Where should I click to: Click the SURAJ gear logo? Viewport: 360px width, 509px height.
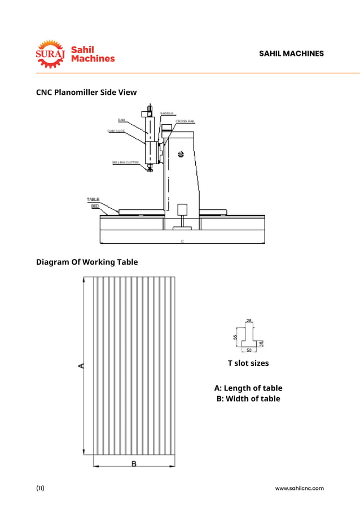[x=51, y=54]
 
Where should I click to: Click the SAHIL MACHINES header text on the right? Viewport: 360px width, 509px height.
[x=291, y=54]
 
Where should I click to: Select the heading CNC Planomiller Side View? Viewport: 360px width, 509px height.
[x=86, y=92]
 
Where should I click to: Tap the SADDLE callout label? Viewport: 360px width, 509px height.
[x=166, y=113]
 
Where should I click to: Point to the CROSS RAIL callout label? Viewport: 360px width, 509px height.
[x=185, y=121]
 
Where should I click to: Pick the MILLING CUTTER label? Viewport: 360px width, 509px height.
[x=125, y=162]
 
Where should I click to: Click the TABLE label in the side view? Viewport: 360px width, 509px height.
[x=93, y=199]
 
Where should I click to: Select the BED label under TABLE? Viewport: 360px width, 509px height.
[x=95, y=206]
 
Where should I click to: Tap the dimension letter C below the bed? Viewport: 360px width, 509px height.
[x=182, y=241]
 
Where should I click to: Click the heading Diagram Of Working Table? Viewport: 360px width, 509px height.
[x=87, y=262]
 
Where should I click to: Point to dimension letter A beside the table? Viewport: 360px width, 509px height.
[x=81, y=366]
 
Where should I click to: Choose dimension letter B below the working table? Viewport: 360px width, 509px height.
[x=134, y=464]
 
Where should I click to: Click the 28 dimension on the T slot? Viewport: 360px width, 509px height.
[x=249, y=321]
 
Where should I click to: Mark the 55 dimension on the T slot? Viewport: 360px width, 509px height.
[x=235, y=337]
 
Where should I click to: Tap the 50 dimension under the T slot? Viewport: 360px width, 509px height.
[x=249, y=350]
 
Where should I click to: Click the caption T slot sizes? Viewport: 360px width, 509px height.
[x=248, y=363]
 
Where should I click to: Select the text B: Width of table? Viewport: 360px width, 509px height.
[x=248, y=399]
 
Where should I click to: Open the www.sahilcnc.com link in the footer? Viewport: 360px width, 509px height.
[x=299, y=488]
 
